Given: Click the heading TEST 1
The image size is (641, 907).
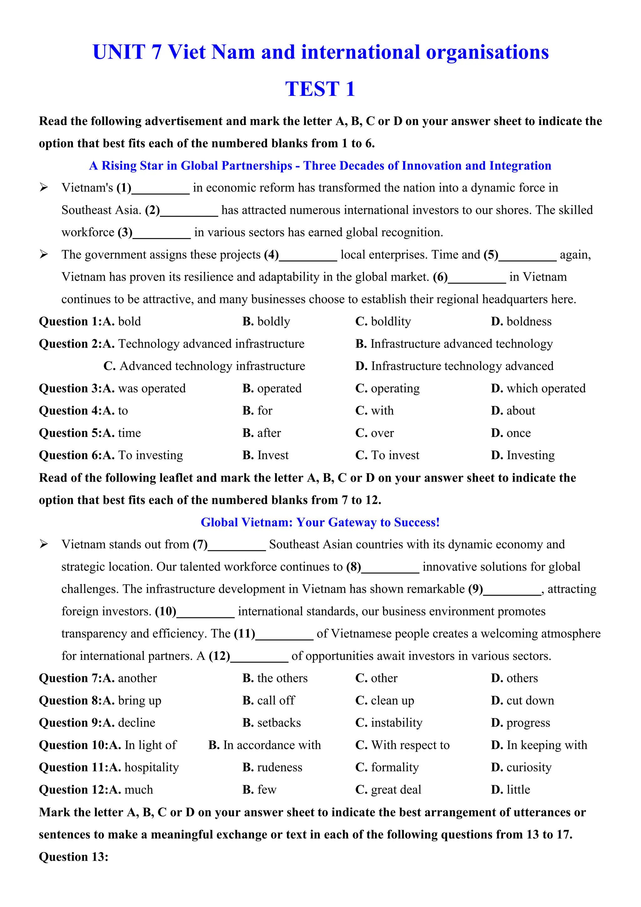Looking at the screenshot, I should [320, 89].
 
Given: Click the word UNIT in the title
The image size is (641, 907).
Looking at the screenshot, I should [119, 52].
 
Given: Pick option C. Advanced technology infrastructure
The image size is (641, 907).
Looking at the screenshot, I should [204, 366].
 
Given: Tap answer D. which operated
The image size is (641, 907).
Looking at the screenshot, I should [538, 388].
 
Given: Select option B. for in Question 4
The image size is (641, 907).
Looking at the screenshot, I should [257, 411].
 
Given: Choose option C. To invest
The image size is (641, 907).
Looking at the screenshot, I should [387, 455].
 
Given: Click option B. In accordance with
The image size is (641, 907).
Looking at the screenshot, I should [264, 745].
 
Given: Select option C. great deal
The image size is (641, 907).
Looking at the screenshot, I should [388, 790].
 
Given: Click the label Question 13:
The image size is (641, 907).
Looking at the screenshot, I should [74, 857].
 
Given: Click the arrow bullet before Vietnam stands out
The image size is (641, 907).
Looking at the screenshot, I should [44, 544].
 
